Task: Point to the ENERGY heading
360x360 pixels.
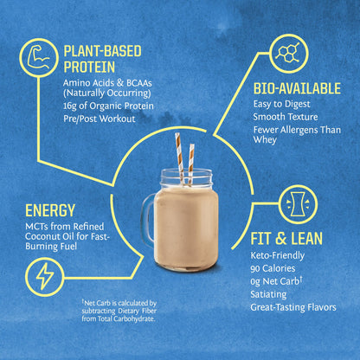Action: click(x=51, y=210)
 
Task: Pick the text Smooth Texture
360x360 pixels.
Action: click(x=286, y=116)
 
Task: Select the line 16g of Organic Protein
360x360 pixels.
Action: click(x=109, y=106)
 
